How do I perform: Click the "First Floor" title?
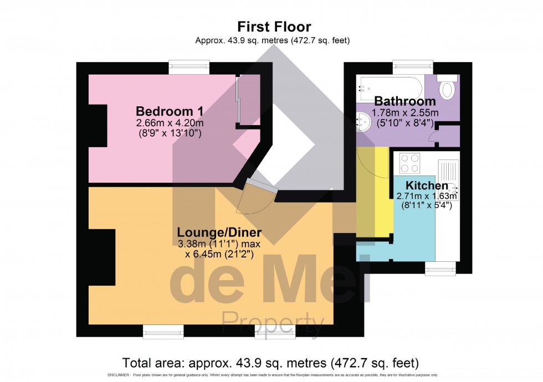[x=274, y=27]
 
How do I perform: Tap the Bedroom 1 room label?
[x=162, y=109]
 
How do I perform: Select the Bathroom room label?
[x=404, y=101]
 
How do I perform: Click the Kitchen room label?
[x=427, y=185]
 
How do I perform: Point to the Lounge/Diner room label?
[x=219, y=231]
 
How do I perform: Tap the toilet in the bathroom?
[x=447, y=89]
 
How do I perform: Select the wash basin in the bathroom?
[x=364, y=121]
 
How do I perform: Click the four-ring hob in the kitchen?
[x=410, y=162]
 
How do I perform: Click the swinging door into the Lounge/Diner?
[x=256, y=197]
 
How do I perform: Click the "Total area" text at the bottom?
[x=270, y=363]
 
